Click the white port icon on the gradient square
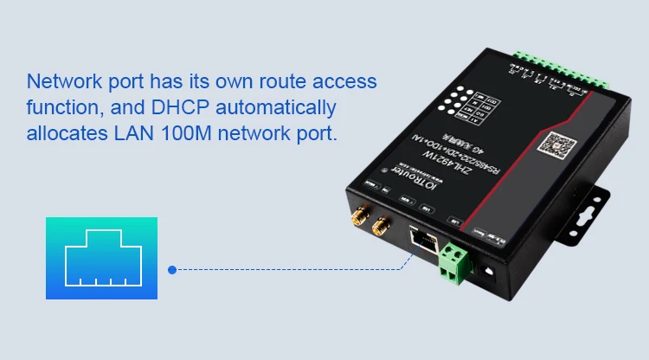click(x=101, y=258)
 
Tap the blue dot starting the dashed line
click(x=172, y=269)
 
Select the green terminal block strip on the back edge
click(x=562, y=68)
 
